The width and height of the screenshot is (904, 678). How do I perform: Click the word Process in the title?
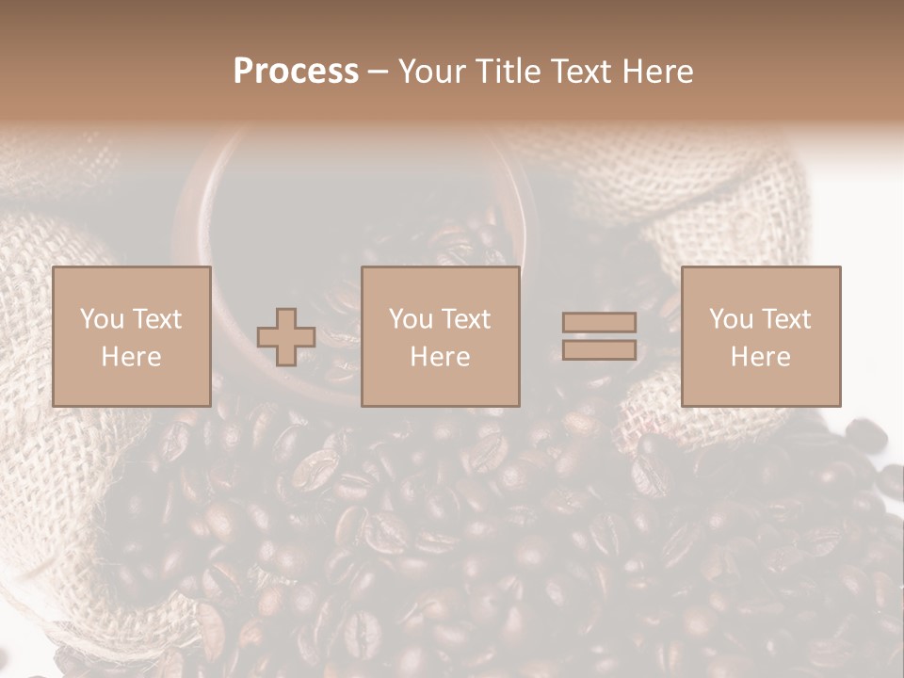[296, 72]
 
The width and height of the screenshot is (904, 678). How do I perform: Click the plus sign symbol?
[286, 337]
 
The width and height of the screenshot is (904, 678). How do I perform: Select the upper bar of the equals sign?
[599, 323]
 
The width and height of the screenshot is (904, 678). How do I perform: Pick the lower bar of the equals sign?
[599, 349]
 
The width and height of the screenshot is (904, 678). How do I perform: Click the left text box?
[131, 336]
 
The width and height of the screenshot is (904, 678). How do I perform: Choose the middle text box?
[440, 336]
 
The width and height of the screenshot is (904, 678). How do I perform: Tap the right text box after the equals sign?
[760, 336]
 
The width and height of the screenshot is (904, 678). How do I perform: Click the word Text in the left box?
[156, 319]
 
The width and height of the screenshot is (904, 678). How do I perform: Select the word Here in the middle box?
[440, 357]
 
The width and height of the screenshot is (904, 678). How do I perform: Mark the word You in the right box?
[731, 319]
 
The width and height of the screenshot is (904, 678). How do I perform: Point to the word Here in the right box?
[760, 357]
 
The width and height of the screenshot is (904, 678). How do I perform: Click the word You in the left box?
[102, 319]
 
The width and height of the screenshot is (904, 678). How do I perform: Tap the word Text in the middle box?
[465, 319]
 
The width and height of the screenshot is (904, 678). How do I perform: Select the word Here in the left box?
[131, 357]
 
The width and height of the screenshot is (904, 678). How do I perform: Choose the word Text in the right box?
[785, 319]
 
